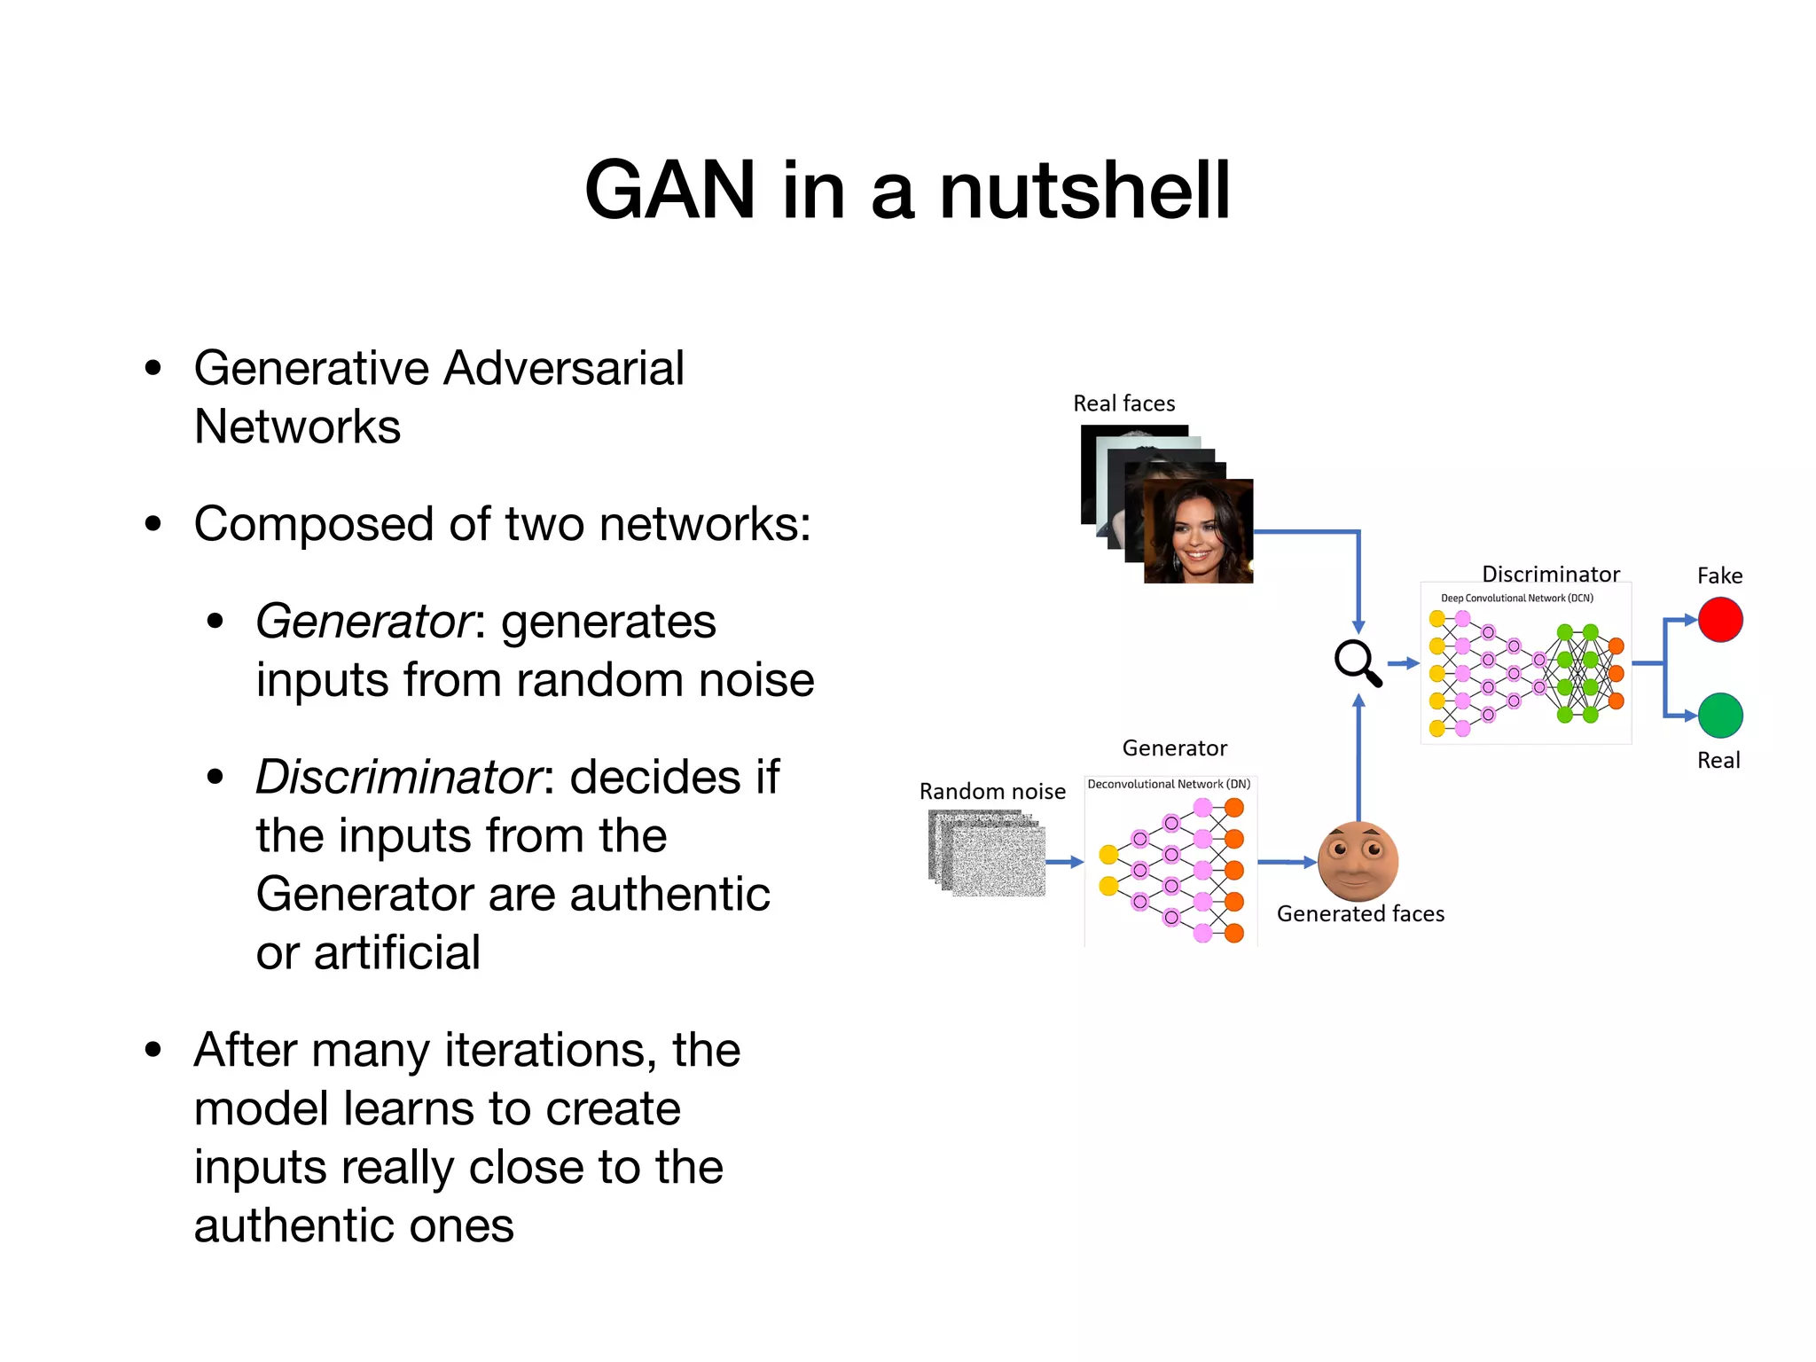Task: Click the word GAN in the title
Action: pos(669,191)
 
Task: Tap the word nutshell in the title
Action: pos(1084,191)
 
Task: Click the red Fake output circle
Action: pos(1719,620)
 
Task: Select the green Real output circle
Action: pos(1719,716)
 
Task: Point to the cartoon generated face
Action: pos(1358,861)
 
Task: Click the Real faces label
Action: pos(1123,404)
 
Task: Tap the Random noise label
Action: pos(992,792)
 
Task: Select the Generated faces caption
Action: pos(1360,914)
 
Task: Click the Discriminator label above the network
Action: pos(1550,574)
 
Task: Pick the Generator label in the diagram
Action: pos(1174,748)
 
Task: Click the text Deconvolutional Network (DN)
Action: pos(1169,784)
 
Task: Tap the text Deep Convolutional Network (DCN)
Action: pos(1516,599)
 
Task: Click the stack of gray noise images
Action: pos(987,854)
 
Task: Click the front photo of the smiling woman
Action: pos(1198,531)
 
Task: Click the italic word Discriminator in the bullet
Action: pos(398,778)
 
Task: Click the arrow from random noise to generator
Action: pos(1064,862)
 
